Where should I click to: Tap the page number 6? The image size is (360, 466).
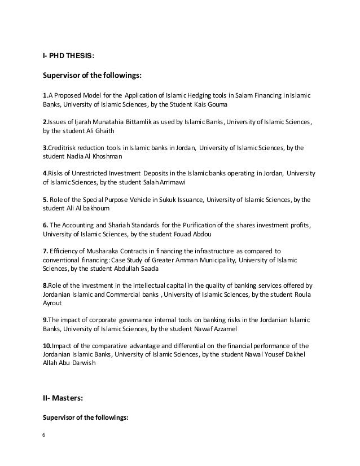click(x=45, y=435)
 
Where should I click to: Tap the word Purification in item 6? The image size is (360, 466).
click(x=225, y=225)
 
